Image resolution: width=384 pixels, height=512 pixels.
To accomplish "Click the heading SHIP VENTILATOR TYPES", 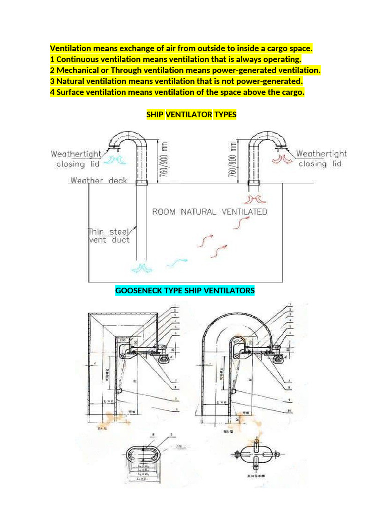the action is point(191,115).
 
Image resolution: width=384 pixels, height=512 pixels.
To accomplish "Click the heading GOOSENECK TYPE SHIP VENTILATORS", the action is point(185,290).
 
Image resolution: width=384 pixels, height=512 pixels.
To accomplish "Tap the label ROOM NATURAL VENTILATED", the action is point(209,212).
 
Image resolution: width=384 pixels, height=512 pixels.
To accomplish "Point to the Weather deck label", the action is point(99,180).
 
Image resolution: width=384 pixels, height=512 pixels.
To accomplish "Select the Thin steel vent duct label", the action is point(108,236).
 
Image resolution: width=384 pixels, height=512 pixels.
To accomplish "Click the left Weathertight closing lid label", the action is point(76,159).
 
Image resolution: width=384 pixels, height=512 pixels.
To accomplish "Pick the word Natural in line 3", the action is point(71,81).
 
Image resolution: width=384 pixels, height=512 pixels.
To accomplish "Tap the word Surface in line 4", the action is point(71,92).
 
